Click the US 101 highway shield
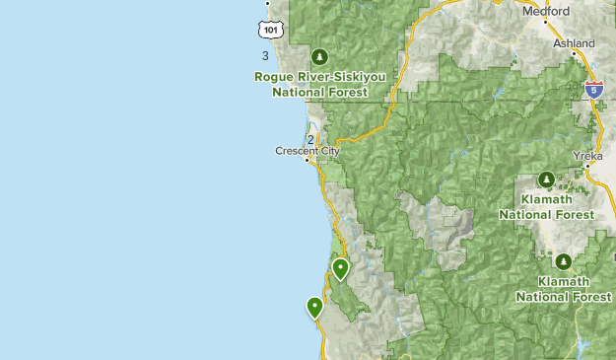click(x=272, y=30)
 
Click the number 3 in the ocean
click(x=265, y=56)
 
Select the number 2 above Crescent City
click(x=310, y=140)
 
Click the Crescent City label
click(x=307, y=151)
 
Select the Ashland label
click(x=574, y=43)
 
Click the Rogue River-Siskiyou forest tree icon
click(x=318, y=55)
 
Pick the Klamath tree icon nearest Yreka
click(x=546, y=180)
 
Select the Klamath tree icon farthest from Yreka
click(x=563, y=262)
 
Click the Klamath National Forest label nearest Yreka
click(x=546, y=206)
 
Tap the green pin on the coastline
click(x=314, y=307)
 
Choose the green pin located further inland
click(x=340, y=267)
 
